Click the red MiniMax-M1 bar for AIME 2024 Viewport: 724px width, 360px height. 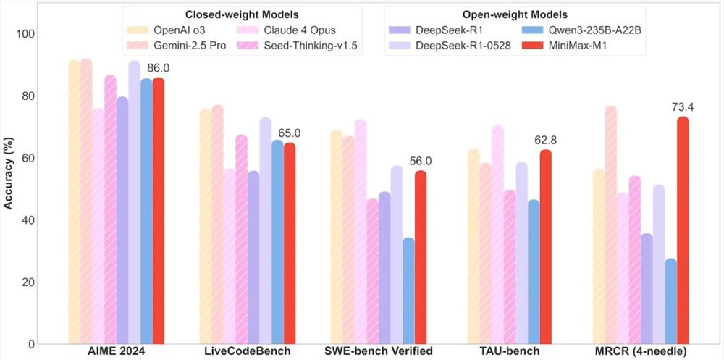coord(159,210)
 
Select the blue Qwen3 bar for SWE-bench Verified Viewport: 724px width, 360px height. coord(409,290)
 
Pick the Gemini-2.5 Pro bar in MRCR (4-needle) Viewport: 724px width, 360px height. coord(610,225)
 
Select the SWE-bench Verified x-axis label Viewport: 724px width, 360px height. coord(379,351)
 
